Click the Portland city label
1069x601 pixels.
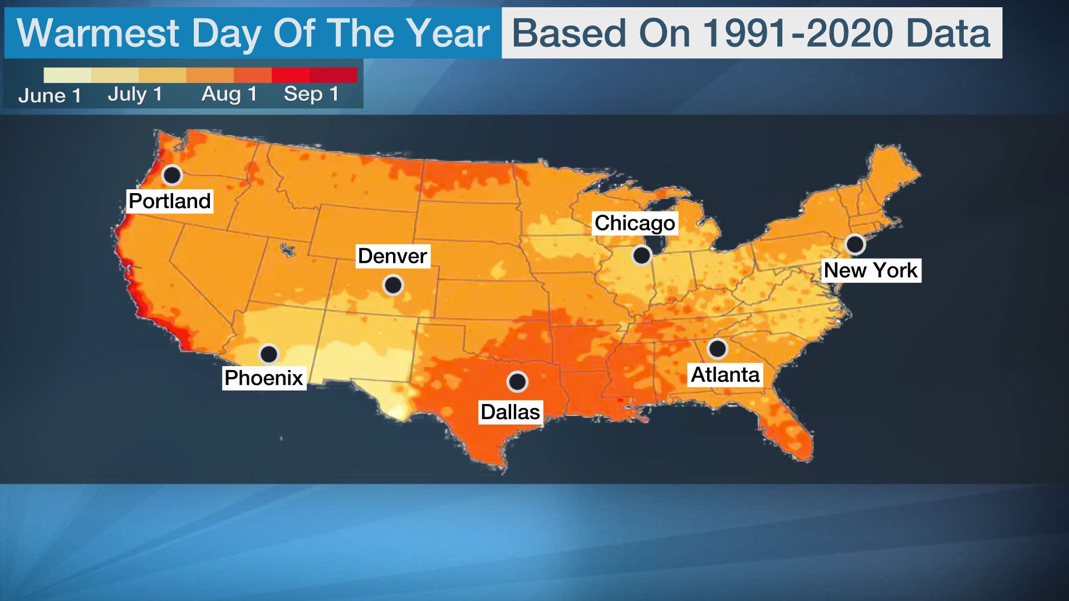170,201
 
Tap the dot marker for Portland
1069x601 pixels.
172,175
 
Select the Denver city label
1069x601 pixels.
393,256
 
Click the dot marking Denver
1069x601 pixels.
393,285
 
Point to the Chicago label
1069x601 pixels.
635,223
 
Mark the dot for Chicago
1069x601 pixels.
641,255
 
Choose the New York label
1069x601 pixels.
871,270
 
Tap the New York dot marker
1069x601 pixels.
855,244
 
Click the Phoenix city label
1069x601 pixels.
264,378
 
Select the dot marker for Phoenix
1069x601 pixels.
269,354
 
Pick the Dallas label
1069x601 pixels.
511,412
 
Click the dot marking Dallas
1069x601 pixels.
517,382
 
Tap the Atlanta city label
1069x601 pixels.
725,375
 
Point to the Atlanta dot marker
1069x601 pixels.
717,349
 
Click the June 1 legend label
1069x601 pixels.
50,96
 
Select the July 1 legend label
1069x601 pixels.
135,94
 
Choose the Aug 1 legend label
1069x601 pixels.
229,94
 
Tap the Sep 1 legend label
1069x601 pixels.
311,94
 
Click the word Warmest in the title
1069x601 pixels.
98,33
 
